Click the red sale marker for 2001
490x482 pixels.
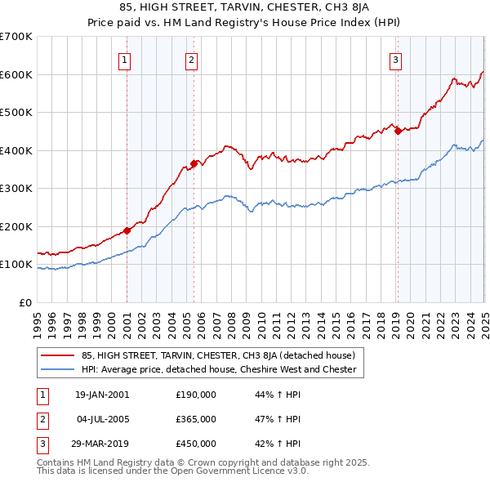coord(127,230)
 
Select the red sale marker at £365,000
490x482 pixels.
coord(194,163)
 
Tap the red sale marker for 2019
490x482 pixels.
coord(398,130)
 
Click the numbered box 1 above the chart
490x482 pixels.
coord(124,59)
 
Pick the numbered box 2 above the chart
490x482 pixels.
coord(191,59)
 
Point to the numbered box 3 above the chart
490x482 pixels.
coord(395,59)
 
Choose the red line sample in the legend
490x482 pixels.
coord(59,355)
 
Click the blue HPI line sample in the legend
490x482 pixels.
coord(59,369)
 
